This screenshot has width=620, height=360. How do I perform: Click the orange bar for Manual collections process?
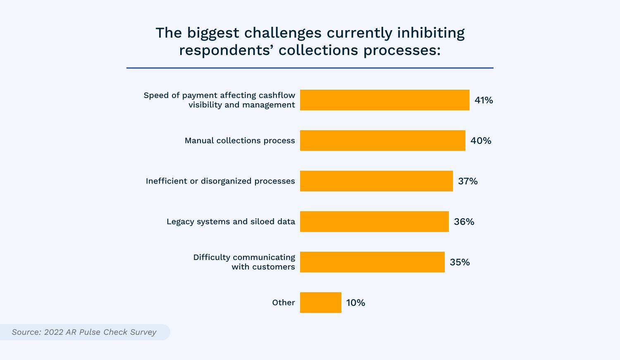pyautogui.click(x=382, y=141)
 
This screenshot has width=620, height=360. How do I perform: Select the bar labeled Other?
pyautogui.click(x=320, y=303)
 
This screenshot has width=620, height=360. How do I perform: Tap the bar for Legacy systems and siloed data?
pyautogui.click(x=374, y=222)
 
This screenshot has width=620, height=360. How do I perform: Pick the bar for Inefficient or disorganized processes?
pyautogui.click(x=377, y=181)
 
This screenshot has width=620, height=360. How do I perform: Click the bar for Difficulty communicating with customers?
pyautogui.click(x=372, y=262)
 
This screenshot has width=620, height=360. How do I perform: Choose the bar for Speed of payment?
pyautogui.click(x=385, y=100)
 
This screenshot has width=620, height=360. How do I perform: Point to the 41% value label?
pyautogui.click(x=484, y=100)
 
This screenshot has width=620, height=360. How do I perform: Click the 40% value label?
pyautogui.click(x=481, y=141)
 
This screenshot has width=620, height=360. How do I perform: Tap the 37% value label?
pyautogui.click(x=468, y=181)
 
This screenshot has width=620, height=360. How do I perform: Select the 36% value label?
pyautogui.click(x=464, y=222)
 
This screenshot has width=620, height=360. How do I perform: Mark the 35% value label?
pyautogui.click(x=460, y=262)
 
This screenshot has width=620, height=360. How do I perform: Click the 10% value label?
pyautogui.click(x=355, y=303)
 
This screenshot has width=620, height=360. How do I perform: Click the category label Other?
pyautogui.click(x=284, y=303)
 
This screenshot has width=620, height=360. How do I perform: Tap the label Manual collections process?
pyautogui.click(x=240, y=141)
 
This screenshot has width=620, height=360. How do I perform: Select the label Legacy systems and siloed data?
pyautogui.click(x=231, y=222)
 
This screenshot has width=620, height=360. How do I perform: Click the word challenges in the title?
pyautogui.click(x=283, y=33)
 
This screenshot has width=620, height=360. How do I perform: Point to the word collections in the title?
pyautogui.click(x=318, y=50)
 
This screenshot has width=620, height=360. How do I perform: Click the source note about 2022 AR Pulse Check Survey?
pyautogui.click(x=84, y=332)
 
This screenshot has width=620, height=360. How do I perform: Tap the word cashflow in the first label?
pyautogui.click(x=277, y=95)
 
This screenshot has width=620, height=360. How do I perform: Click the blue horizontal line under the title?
pyautogui.click(x=310, y=68)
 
